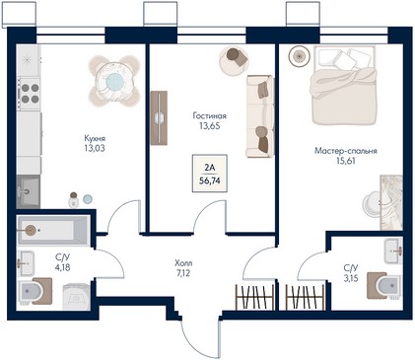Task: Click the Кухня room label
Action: [95, 138]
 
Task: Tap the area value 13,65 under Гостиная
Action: [210, 126]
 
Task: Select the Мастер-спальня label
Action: [346, 151]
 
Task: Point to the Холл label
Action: [183, 263]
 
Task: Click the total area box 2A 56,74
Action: [210, 174]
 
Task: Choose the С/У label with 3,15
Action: [351, 268]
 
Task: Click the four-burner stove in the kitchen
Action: [30, 94]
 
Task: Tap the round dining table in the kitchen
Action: [114, 81]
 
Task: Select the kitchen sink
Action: [29, 191]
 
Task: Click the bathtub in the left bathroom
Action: [53, 231]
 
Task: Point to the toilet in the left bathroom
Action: [35, 291]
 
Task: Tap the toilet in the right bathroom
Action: [384, 285]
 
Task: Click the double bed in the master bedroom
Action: [343, 86]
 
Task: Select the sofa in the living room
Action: [260, 116]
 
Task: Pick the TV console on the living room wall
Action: [159, 117]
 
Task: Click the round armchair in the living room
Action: [234, 61]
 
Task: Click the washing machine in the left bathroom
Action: [76, 297]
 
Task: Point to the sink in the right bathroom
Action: [393, 251]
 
